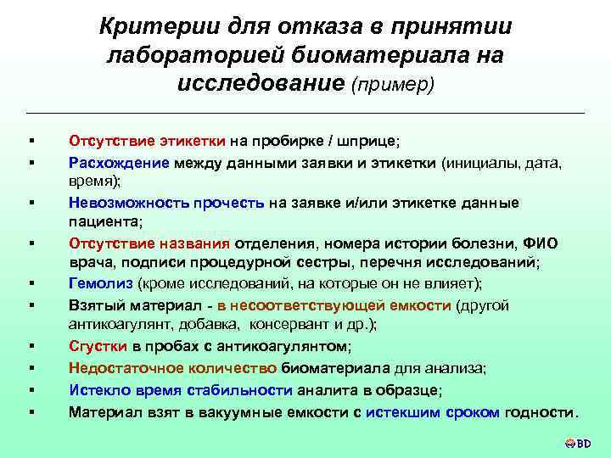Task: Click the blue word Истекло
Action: pyautogui.click(x=98, y=390)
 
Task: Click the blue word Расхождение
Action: pyautogui.click(x=120, y=161)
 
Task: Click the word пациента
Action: pyautogui.click(x=104, y=222)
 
